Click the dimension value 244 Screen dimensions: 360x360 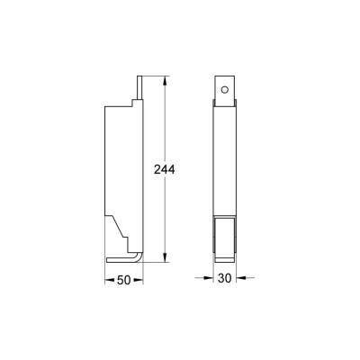point(165,168)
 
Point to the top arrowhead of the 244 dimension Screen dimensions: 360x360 point(165,79)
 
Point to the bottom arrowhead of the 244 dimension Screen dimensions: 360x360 point(165,260)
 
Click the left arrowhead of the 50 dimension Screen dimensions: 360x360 point(110,281)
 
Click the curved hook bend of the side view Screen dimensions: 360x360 point(137,259)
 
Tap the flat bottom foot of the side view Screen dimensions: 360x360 point(121,263)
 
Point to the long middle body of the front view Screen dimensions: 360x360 point(225,162)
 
